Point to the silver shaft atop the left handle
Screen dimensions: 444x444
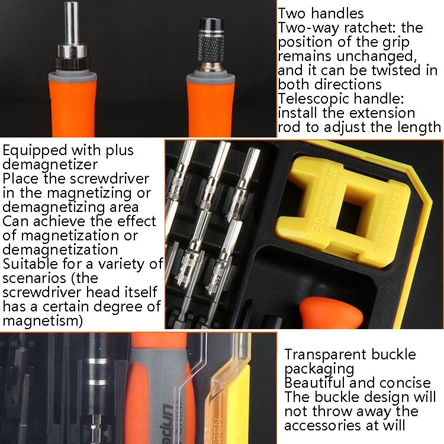tap(72, 23)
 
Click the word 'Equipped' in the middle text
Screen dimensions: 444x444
tap(35, 150)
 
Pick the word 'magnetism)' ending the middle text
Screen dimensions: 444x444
tap(43, 321)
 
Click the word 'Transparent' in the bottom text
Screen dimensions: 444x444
tap(326, 354)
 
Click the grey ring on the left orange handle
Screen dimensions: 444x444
tap(72, 76)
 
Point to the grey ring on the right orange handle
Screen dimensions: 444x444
tap(210, 78)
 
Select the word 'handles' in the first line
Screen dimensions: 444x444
tap(337, 13)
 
